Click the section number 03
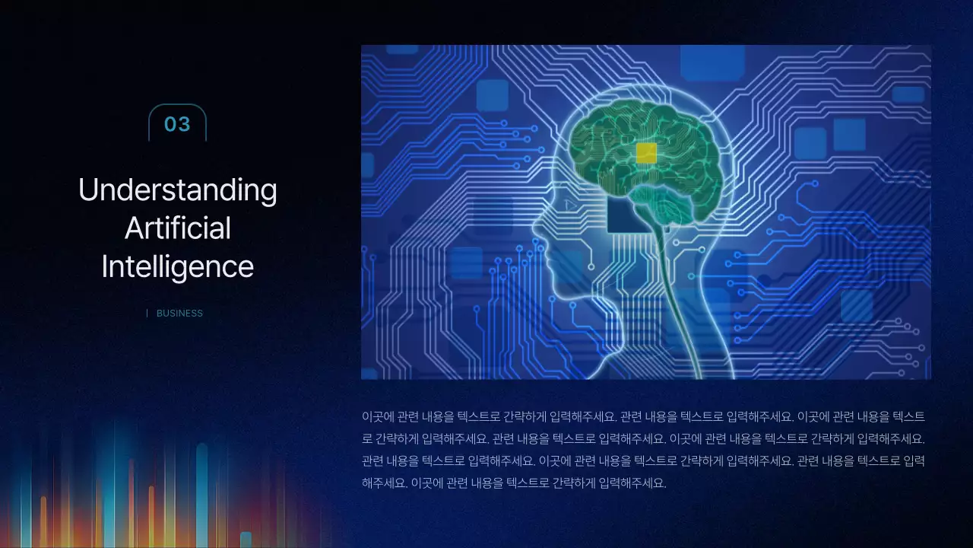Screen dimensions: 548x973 [x=177, y=124]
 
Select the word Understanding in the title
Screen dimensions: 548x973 [x=178, y=190]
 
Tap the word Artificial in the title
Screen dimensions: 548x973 [x=178, y=228]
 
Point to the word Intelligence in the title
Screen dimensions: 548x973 [x=178, y=266]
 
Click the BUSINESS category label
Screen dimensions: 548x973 [x=179, y=313]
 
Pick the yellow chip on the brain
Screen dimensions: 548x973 [x=646, y=153]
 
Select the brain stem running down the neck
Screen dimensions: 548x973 [x=669, y=289]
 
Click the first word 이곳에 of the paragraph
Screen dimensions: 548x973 [x=373, y=417]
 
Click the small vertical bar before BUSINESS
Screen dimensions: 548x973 [x=147, y=313]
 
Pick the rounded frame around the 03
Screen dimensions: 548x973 [x=177, y=106]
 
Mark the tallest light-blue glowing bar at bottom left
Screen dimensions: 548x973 [x=201, y=487]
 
